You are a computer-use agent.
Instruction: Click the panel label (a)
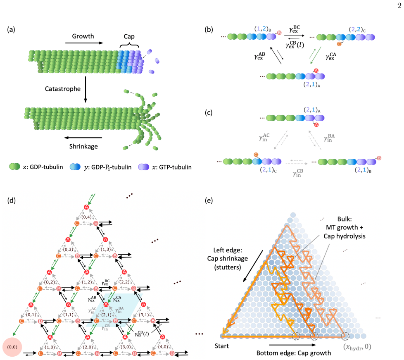[11, 30]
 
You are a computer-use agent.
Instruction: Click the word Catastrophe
[63, 89]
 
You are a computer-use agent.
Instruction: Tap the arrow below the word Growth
[84, 43]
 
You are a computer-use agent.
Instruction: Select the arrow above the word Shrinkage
[83, 138]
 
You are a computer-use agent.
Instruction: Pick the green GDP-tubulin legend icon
[14, 167]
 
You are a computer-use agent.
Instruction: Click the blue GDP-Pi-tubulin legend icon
[75, 167]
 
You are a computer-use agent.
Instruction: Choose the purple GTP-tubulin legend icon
[143, 167]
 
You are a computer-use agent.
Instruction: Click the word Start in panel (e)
[221, 346]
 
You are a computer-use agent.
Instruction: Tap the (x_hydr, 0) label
[357, 347]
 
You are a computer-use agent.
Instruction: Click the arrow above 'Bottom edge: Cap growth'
[293, 345]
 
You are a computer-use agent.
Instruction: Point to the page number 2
[399, 6]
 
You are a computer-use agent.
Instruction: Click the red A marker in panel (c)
[316, 125]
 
